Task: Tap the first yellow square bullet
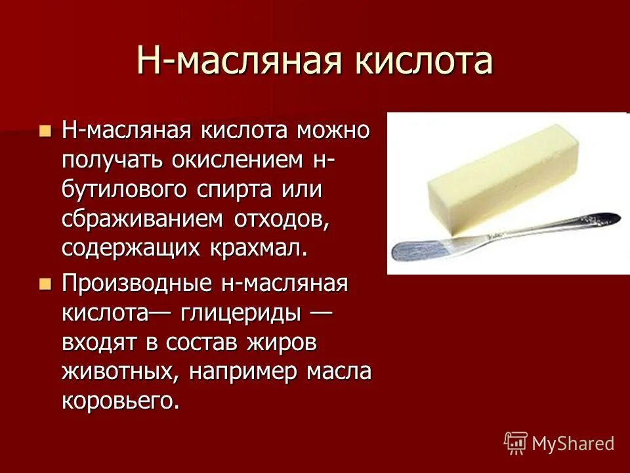(45, 130)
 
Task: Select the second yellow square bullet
(45, 284)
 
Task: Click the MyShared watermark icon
(516, 443)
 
